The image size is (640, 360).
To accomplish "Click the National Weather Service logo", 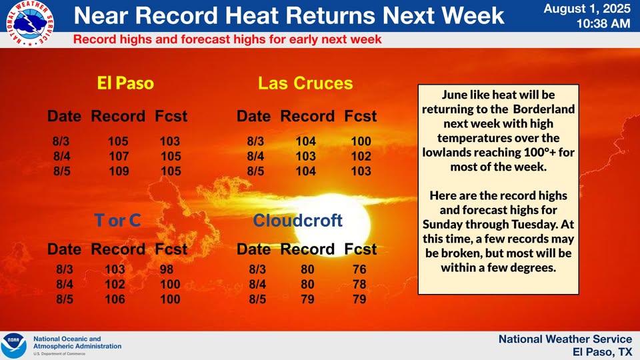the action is (30, 23).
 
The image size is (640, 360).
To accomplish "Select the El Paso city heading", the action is (125, 83).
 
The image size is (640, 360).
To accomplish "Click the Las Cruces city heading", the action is (305, 83).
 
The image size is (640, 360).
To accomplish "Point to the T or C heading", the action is (117, 221).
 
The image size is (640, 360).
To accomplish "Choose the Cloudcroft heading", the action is (297, 221).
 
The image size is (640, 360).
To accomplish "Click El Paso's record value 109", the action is (119, 171).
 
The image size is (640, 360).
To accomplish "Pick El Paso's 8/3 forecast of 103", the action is (170, 141).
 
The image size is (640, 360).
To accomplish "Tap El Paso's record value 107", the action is (119, 156).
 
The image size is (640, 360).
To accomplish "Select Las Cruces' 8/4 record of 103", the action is (306, 156).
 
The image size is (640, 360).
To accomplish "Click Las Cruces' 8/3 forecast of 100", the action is (361, 141).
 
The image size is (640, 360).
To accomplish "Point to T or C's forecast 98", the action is (167, 269).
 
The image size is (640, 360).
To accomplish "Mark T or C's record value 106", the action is (115, 299).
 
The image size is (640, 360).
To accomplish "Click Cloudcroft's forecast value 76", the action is (359, 269).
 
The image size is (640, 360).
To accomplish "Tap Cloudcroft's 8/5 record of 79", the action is (307, 299).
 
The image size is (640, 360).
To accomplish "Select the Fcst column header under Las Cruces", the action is (361, 116).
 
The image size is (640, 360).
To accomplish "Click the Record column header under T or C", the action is (118, 249).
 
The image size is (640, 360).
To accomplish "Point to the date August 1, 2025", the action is (587, 9).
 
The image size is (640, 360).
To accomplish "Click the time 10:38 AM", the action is (604, 24).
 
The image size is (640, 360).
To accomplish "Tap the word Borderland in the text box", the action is (544, 109).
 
